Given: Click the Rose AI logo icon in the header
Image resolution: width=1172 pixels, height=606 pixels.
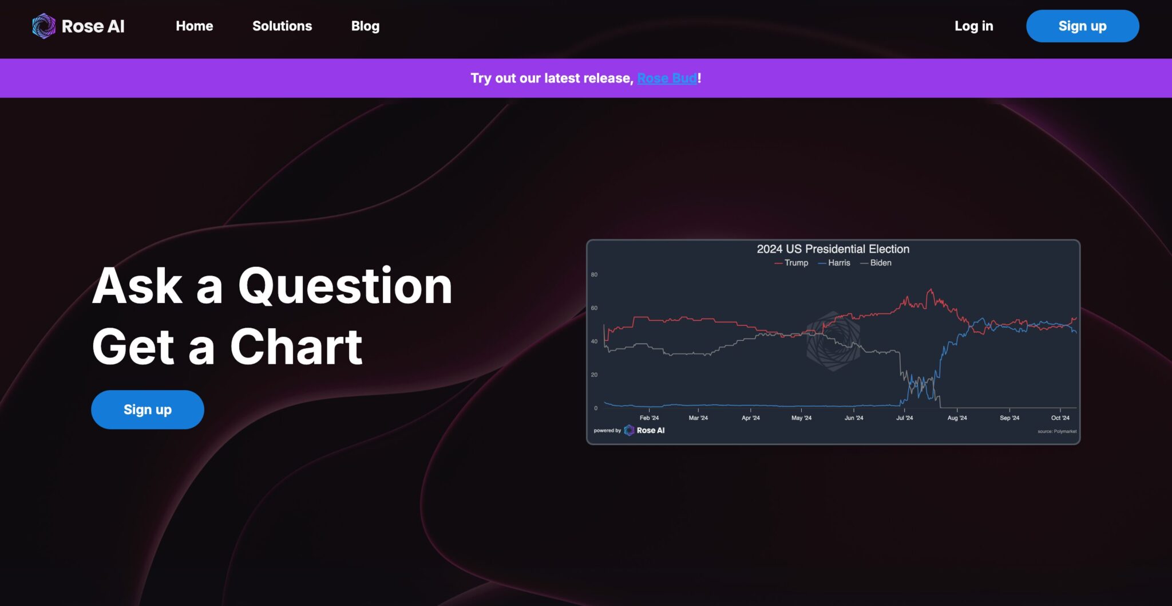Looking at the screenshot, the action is pyautogui.click(x=43, y=26).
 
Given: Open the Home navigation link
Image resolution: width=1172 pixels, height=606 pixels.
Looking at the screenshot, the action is pyautogui.click(x=195, y=26).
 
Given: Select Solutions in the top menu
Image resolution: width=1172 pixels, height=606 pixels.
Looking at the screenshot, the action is pyautogui.click(x=282, y=26).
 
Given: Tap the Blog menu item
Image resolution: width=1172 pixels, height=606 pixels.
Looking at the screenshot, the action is pyautogui.click(x=365, y=26).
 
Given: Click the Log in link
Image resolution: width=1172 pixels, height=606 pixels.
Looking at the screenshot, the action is pyautogui.click(x=973, y=26).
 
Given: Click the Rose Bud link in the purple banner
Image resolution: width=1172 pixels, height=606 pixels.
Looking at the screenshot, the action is pyautogui.click(x=667, y=78).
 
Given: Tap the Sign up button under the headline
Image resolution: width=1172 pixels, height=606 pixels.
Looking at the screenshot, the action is pyautogui.click(x=148, y=410).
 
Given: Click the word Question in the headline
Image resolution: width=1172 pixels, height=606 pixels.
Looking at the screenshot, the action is pyautogui.click(x=345, y=286).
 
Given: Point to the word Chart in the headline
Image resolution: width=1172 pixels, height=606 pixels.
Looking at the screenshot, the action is pyautogui.click(x=296, y=347).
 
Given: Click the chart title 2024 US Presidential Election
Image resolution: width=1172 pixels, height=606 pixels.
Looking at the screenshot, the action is pyautogui.click(x=833, y=249).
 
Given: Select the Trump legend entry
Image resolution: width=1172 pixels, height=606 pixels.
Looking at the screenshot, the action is pyautogui.click(x=791, y=263).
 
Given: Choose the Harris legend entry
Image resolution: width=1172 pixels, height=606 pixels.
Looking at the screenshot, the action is pyautogui.click(x=834, y=263).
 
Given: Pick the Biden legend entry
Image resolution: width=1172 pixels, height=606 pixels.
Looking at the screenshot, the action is pyautogui.click(x=876, y=263).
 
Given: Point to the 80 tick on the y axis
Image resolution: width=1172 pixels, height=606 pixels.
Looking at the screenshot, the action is pyautogui.click(x=594, y=275).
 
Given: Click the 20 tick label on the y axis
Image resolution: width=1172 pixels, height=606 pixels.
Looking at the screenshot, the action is pyautogui.click(x=594, y=375).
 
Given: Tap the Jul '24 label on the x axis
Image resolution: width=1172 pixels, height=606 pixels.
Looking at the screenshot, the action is pyautogui.click(x=904, y=418).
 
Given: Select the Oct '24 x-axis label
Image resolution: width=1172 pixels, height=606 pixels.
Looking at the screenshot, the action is pyautogui.click(x=1060, y=418).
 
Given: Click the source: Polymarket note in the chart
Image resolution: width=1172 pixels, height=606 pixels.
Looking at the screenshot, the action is pyautogui.click(x=1057, y=431).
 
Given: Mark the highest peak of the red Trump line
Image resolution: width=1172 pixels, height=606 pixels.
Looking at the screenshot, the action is pyautogui.click(x=931, y=289).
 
